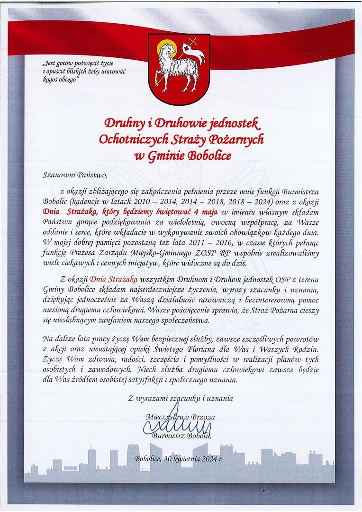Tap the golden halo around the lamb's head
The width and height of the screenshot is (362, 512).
167,49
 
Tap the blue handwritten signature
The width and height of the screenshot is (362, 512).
175,423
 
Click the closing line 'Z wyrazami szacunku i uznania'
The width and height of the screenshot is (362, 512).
181,399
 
